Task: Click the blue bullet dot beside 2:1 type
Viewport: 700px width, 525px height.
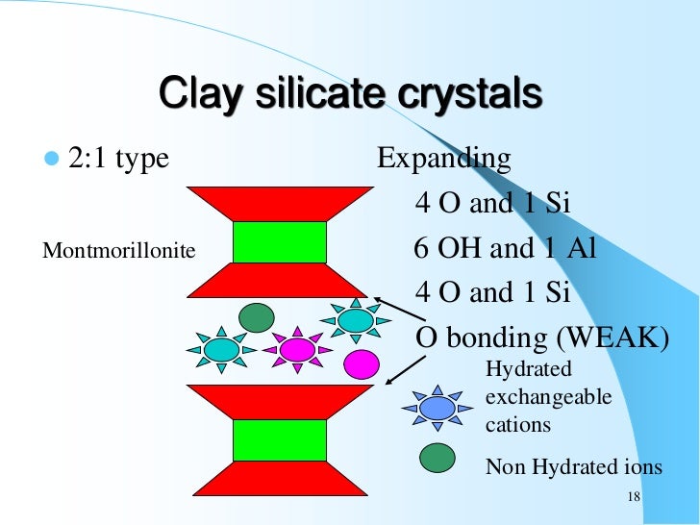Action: pyautogui.click(x=51, y=158)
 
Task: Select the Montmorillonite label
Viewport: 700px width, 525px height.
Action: pyautogui.click(x=119, y=252)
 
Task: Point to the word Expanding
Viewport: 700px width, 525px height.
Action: pyautogui.click(x=443, y=158)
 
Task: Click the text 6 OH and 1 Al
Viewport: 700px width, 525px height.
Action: pyautogui.click(x=505, y=248)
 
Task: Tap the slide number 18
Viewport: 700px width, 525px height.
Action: pyautogui.click(x=632, y=497)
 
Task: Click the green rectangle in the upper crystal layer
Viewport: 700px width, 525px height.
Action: pyautogui.click(x=280, y=242)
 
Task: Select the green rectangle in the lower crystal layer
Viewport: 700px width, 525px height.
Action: pyautogui.click(x=280, y=439)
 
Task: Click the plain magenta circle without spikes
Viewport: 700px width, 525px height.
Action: pyautogui.click(x=362, y=363)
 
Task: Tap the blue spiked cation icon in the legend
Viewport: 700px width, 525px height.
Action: pyautogui.click(x=437, y=408)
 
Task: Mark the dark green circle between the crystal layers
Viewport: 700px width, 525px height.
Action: pyautogui.click(x=256, y=316)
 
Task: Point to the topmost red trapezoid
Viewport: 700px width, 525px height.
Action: pyautogui.click(x=280, y=204)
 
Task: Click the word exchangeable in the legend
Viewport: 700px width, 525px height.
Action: pyautogui.click(x=549, y=397)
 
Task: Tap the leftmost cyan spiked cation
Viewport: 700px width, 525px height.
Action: pyautogui.click(x=222, y=350)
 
